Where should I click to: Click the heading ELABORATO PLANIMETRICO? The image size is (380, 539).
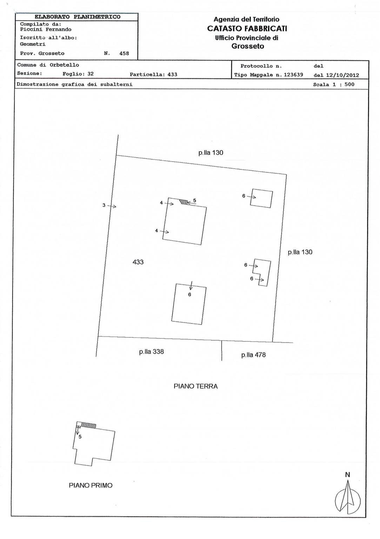(77, 17)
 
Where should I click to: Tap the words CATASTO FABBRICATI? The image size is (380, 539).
(247, 29)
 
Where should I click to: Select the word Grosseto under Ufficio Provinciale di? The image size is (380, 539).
(247, 46)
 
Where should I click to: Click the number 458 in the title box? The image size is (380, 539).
(124, 54)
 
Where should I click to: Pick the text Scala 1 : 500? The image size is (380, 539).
(333, 85)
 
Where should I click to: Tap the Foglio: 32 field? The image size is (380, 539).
(78, 74)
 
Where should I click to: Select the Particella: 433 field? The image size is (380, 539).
(153, 74)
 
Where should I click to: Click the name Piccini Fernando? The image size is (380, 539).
(46, 29)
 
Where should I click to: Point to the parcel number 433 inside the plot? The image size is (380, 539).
(138, 262)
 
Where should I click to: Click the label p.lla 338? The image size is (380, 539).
(151, 352)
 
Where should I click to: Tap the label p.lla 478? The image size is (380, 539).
(253, 355)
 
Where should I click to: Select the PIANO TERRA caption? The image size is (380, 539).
(196, 386)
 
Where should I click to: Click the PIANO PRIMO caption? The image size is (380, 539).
(91, 486)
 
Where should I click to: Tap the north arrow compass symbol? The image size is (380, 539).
(348, 497)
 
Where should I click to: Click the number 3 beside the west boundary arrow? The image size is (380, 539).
(104, 205)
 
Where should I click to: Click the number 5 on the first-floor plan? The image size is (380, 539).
(80, 437)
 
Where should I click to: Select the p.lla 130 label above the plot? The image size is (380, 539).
(211, 153)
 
